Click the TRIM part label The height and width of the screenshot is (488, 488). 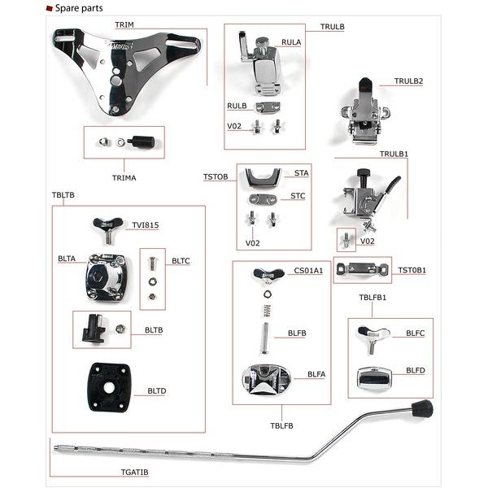point(124,24)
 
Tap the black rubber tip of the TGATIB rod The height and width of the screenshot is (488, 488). point(422,408)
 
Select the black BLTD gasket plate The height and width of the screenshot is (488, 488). point(108,387)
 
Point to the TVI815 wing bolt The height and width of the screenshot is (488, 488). point(107,230)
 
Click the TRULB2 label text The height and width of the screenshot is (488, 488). point(408,81)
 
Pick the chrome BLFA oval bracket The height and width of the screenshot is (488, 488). point(267,379)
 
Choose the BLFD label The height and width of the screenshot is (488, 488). point(415,370)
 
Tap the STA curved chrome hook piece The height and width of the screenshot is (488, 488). point(264,178)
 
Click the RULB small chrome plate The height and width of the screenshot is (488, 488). point(268,107)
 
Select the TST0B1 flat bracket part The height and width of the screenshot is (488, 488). point(362,269)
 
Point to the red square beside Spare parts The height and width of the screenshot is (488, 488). point(49,8)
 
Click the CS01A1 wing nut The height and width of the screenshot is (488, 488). point(268,276)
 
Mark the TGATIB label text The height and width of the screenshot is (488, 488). point(134,472)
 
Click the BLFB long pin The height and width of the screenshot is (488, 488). point(265,338)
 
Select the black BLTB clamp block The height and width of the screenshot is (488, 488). point(93,329)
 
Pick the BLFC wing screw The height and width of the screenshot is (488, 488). point(372,339)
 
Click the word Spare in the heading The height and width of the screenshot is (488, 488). point(67,8)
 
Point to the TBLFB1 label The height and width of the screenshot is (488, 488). point(373,297)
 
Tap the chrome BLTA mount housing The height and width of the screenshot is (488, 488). point(107,277)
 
